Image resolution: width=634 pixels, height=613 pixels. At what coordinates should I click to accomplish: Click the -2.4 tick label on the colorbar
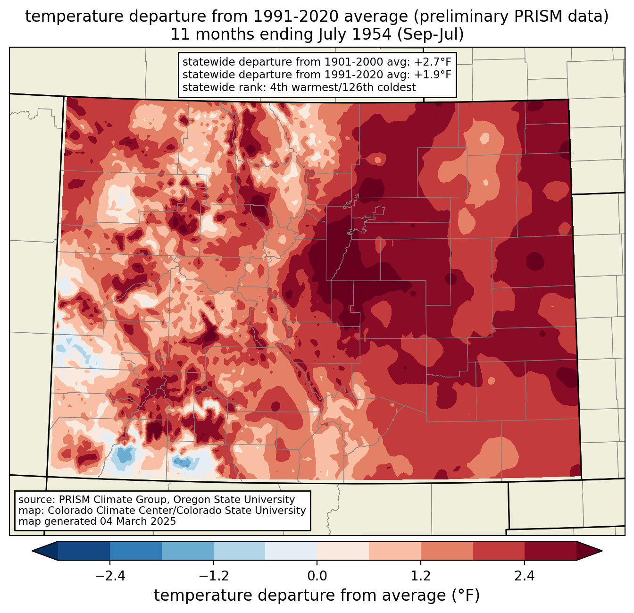(110, 576)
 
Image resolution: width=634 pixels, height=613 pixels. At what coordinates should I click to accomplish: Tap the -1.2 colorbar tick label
(214, 576)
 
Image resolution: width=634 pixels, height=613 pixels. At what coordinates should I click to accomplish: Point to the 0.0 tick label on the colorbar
(317, 576)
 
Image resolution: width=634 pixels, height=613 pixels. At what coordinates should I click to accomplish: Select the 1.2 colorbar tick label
(421, 576)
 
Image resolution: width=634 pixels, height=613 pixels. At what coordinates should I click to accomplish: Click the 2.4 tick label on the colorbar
(525, 576)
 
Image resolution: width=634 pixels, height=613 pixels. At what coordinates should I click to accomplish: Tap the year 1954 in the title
(375, 34)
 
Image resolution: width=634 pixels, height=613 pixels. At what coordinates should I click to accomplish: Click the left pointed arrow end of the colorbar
(33, 551)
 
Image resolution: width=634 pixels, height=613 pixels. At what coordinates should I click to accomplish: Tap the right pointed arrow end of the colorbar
(601, 551)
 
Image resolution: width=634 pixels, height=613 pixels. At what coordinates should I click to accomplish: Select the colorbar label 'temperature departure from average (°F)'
(317, 595)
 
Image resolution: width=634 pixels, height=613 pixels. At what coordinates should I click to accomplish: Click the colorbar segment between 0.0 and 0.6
(343, 551)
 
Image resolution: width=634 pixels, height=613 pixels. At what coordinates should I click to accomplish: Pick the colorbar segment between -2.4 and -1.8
(135, 551)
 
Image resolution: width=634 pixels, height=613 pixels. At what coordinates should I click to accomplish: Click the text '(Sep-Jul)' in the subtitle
(430, 34)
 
